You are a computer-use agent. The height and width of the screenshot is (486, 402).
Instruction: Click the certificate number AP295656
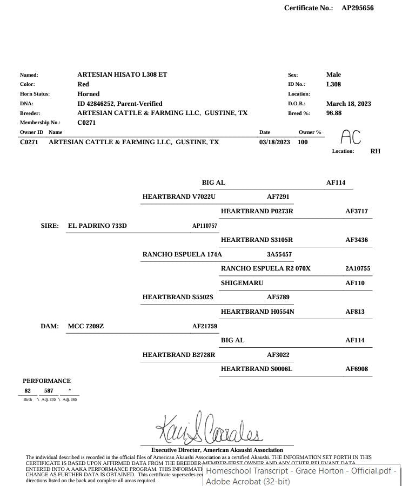[x=357, y=8]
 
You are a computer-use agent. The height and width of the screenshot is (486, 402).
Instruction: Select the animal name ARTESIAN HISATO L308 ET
[x=122, y=75]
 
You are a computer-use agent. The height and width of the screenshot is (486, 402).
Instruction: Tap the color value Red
[x=83, y=84]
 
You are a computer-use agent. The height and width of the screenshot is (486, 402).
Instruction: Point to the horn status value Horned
[x=89, y=94]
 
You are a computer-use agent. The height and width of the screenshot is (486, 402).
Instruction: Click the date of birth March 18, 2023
[x=349, y=104]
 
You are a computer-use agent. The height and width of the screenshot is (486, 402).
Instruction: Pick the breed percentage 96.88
[x=334, y=113]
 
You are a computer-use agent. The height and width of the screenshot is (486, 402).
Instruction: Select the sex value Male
[x=333, y=75]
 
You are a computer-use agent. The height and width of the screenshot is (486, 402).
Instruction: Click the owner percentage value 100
[x=303, y=142]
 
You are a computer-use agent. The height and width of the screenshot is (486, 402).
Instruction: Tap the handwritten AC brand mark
[x=351, y=137]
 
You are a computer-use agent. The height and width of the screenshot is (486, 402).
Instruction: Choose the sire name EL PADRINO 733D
[x=97, y=226]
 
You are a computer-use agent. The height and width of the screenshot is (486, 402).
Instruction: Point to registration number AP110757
[x=205, y=226]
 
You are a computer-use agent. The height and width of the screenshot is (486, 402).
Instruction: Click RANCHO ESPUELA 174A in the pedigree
[x=182, y=254]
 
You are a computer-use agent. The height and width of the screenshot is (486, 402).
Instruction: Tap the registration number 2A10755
[x=358, y=268]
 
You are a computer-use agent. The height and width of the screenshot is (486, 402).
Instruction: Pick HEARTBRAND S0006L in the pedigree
[x=257, y=369]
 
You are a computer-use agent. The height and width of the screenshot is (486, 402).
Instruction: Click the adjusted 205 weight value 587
[x=49, y=390]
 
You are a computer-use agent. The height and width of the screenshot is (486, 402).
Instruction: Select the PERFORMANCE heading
[x=46, y=381]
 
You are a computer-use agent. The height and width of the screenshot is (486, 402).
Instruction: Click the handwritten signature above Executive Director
[x=210, y=428]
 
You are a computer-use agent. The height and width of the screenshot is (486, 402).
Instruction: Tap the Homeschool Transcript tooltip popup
[x=301, y=476]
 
